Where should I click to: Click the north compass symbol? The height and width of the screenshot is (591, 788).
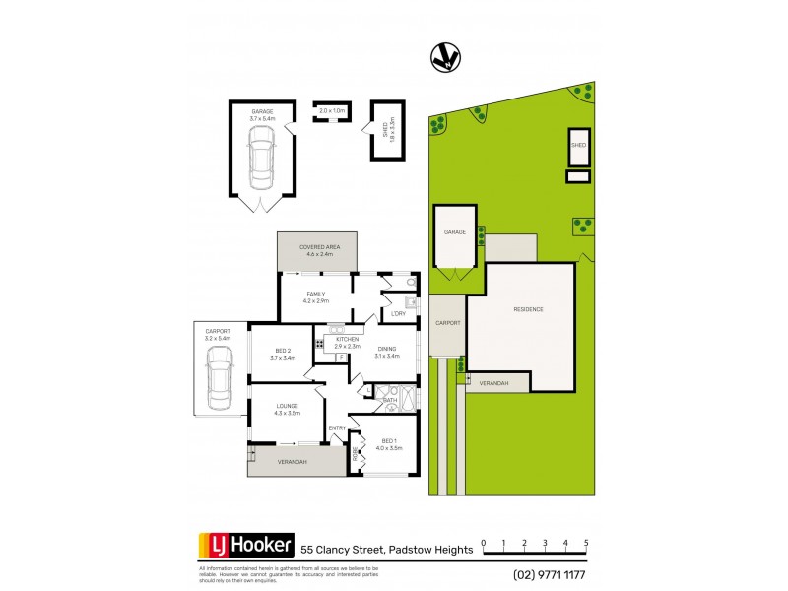447,58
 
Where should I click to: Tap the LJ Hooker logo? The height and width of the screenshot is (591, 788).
246,545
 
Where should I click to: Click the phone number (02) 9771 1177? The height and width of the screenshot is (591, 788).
551,575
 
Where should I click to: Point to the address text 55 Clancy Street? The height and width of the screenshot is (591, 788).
342,549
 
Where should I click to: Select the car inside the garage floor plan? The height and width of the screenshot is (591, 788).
261,162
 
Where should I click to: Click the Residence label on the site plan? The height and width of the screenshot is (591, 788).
528,309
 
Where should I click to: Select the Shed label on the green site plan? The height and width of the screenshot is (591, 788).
578,145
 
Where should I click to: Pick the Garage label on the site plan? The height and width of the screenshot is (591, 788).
454,232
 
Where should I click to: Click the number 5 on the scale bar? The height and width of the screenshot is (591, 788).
586,543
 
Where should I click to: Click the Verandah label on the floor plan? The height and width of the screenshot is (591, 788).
292,461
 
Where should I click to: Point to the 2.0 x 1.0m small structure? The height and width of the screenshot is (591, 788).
332,110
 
